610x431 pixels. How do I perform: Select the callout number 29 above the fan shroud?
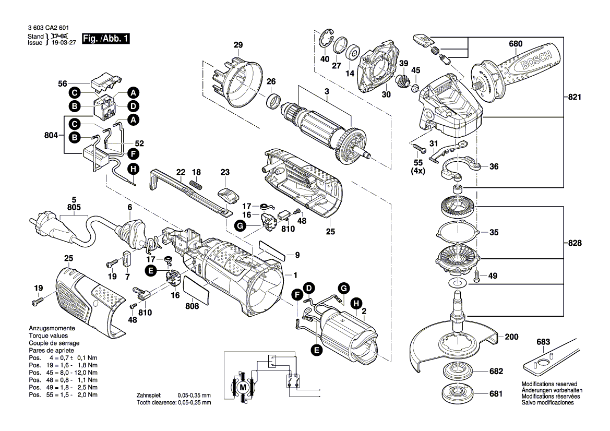click(x=238, y=45)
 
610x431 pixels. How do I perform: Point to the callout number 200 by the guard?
click(x=512, y=337)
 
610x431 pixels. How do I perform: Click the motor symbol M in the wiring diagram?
click(x=242, y=388)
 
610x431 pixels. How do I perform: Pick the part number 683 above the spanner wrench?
click(x=543, y=342)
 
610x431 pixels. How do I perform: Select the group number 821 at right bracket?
click(x=575, y=97)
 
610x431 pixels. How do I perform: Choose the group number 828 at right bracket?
click(x=575, y=243)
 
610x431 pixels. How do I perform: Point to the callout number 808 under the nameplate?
click(x=192, y=306)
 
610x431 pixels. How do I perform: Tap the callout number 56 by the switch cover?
click(x=63, y=83)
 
